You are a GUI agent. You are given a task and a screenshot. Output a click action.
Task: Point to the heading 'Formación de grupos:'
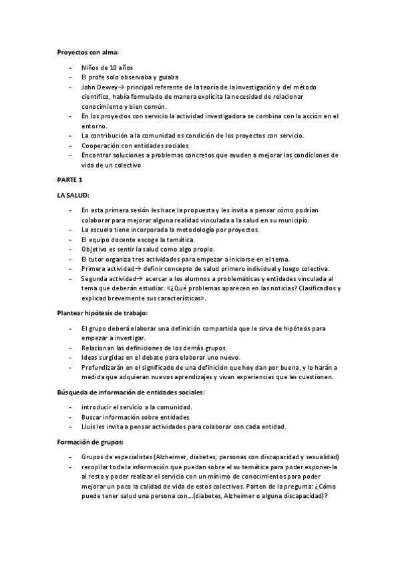click(x=87, y=442)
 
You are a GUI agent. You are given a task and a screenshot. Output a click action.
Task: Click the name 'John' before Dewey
click(x=88, y=87)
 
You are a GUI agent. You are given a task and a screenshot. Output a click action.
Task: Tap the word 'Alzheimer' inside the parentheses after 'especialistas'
click(x=173, y=457)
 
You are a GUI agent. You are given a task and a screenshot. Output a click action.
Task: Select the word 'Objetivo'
click(x=95, y=249)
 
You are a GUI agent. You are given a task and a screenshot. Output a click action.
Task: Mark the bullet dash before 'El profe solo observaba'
click(x=69, y=77)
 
